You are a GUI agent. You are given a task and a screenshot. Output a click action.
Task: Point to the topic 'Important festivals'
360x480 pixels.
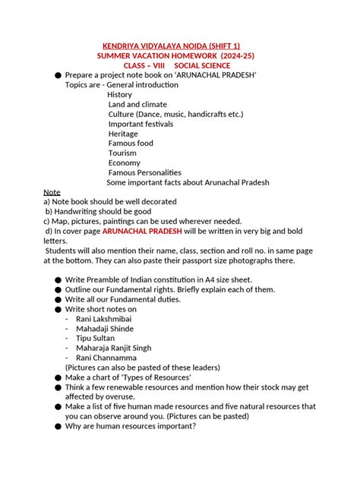tap(141, 124)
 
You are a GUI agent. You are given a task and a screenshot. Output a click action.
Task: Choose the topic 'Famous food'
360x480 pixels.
tap(131, 143)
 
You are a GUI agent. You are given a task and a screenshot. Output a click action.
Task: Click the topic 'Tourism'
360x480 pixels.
tap(123, 153)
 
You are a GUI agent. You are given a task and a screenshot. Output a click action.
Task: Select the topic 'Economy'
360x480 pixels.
tap(125, 163)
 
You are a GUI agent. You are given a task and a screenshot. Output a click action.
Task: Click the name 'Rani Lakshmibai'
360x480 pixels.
tap(104, 319)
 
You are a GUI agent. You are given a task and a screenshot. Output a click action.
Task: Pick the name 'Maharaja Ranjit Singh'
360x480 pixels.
tap(114, 348)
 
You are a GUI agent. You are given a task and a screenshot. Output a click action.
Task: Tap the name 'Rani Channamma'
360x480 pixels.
tap(106, 358)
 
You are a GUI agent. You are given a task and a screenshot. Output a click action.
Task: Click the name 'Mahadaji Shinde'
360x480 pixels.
tap(104, 329)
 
